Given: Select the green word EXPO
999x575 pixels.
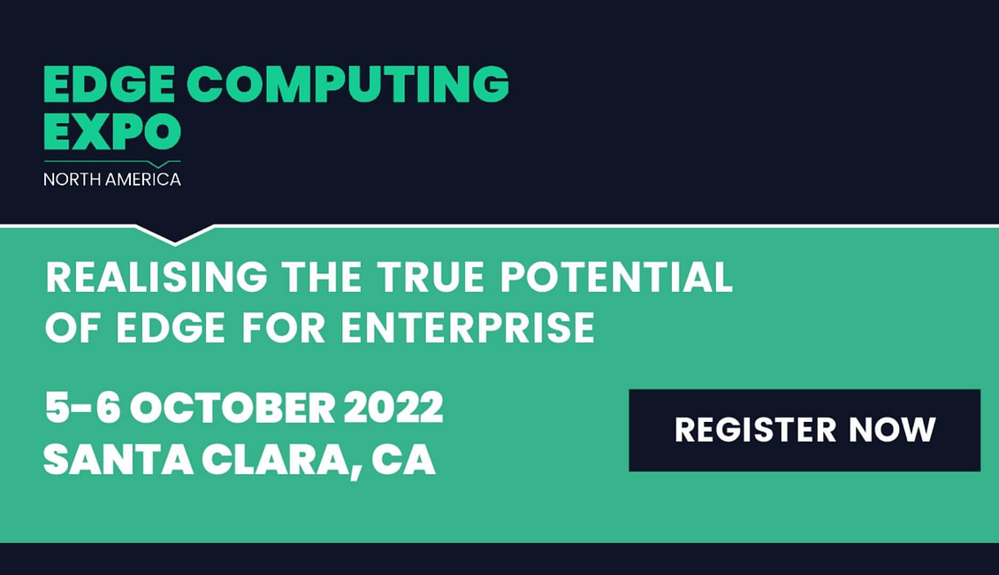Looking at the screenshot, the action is pos(112,131).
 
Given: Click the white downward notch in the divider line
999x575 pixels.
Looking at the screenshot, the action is pos(174,234).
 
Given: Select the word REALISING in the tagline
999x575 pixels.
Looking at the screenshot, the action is pos(156,277).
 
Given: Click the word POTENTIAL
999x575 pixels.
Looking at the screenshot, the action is pos(617,277).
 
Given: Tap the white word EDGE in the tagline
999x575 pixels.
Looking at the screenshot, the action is pos(171,327).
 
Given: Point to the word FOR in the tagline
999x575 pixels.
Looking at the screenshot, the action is pos(284,327).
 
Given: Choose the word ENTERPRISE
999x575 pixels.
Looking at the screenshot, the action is pos(468,327).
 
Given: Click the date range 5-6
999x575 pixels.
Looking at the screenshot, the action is pos(83,407).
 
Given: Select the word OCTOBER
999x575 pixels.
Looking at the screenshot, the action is pos(233,407).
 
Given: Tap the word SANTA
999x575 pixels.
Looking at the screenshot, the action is pos(118,459).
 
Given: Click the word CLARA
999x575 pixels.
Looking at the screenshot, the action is pos(281,460).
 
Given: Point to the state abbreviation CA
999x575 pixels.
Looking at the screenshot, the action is pos(404,459).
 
